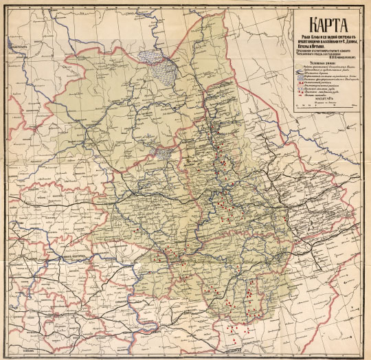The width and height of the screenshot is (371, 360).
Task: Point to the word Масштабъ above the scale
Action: tap(323, 99)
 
